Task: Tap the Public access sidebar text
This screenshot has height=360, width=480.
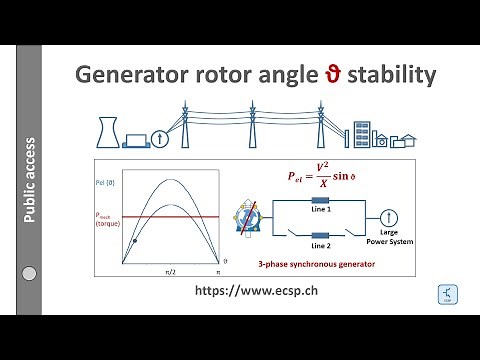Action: click(31, 179)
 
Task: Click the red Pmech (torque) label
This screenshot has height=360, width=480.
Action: click(110, 218)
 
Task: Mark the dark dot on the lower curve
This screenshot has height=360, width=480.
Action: click(135, 242)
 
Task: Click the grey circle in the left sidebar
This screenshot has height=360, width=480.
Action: click(29, 273)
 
